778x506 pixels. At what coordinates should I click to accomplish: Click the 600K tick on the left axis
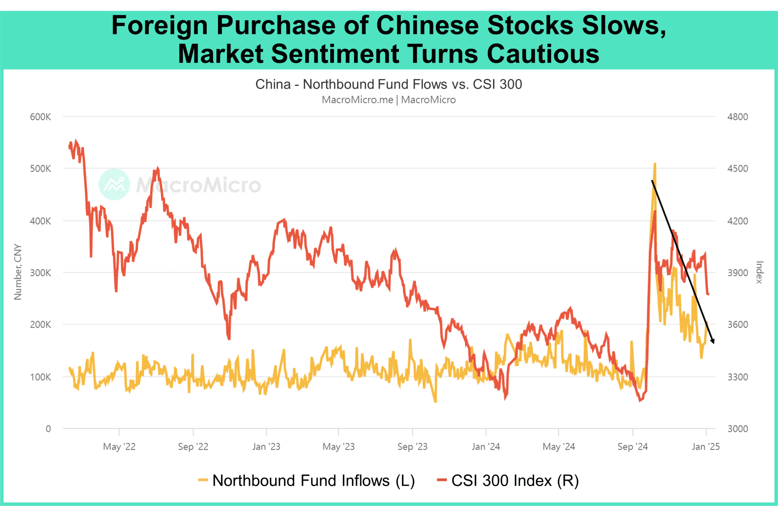[40, 117]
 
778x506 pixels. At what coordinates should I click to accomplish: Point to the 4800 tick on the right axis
[737, 117]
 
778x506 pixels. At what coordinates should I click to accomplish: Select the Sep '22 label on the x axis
[193, 446]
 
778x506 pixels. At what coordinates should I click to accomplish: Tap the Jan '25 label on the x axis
[705, 446]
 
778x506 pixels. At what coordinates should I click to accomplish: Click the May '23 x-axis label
[338, 446]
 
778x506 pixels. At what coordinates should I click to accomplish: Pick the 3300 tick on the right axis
[737, 377]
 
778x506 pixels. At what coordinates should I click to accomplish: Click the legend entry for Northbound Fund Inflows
[307, 480]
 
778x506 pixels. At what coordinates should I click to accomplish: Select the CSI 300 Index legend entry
[508, 480]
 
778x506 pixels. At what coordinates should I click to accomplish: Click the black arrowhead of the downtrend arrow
[712, 341]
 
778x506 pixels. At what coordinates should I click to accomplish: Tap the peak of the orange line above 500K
[654, 164]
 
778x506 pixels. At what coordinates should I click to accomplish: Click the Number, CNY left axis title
[17, 272]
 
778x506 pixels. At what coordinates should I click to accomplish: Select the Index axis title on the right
[759, 272]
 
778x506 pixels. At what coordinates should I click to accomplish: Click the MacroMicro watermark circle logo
[114, 185]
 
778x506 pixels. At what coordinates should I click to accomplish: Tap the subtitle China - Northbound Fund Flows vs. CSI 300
[388, 84]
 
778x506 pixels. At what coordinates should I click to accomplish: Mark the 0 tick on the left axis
[48, 429]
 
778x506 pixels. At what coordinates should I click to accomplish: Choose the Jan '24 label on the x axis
[485, 446]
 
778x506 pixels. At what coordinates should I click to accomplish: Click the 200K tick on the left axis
[40, 325]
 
